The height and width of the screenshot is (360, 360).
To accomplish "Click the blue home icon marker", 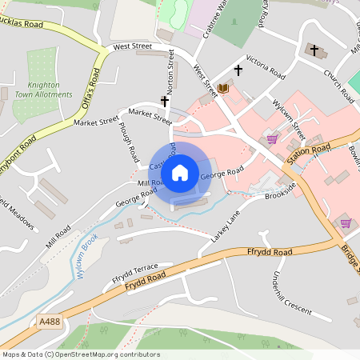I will pos(180,172).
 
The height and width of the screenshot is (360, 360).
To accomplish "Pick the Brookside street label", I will pos(280,189).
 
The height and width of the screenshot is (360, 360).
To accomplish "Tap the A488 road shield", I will pos(47,322).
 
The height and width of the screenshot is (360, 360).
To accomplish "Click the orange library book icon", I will pos(222,87).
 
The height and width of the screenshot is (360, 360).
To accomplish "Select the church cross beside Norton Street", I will pos(165,102).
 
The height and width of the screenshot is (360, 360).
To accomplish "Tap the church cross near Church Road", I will pos(314,51).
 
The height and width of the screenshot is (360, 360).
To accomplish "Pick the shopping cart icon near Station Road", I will pos(273,138).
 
